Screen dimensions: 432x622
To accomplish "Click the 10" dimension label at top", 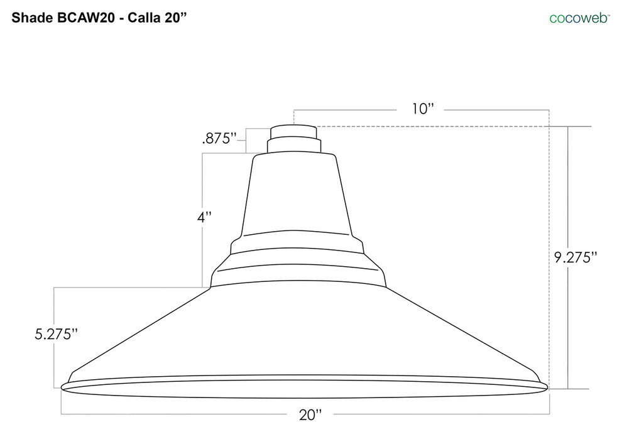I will point(423,109).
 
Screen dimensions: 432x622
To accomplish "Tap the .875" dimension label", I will point(219,139).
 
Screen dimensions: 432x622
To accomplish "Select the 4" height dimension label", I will point(204,218).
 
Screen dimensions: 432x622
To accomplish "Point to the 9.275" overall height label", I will point(575,257).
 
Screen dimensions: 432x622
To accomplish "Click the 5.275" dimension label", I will point(57,334).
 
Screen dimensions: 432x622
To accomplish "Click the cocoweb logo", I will point(579,18).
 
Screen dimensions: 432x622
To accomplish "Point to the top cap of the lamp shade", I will point(293,131).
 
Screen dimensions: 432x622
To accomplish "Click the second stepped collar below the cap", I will point(293,146).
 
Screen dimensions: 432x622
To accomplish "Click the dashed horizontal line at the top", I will point(434,127).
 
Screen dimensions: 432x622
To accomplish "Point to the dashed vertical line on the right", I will point(549,251).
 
